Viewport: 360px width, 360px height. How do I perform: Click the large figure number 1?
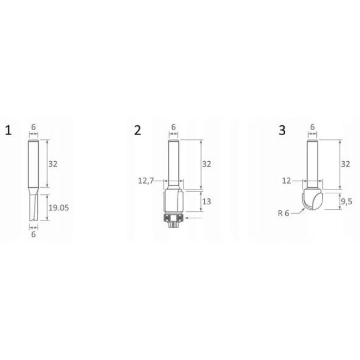(8, 130)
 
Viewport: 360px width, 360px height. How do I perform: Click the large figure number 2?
(137, 130)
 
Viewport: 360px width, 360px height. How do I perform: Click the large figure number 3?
(282, 130)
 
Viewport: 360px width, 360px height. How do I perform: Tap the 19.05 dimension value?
(59, 208)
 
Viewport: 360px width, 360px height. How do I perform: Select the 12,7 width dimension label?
(146, 181)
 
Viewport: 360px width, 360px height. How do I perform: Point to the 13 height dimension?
(207, 202)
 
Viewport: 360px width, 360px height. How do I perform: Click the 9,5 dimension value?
(347, 202)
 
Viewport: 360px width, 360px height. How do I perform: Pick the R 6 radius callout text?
(284, 213)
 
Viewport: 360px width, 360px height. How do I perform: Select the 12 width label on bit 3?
(286, 181)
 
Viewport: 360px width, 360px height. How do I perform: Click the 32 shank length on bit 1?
(53, 164)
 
